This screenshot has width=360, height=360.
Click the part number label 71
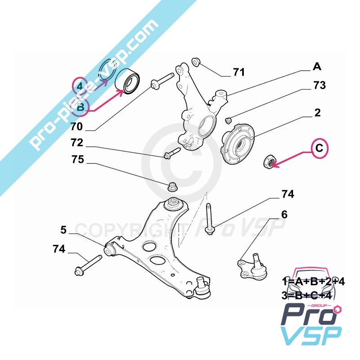238,72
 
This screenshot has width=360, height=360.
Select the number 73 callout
319,85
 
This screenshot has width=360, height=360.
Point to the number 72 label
77,144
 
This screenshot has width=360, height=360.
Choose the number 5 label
63,230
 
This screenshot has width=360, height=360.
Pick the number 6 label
284,215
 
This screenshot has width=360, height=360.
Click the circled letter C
319,148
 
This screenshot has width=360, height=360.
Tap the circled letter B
81,107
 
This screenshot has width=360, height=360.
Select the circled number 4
80,86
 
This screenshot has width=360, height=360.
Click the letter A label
317,67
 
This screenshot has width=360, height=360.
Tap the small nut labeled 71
195,61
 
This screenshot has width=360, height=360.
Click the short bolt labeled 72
171,153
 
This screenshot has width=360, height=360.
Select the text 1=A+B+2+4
313,283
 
